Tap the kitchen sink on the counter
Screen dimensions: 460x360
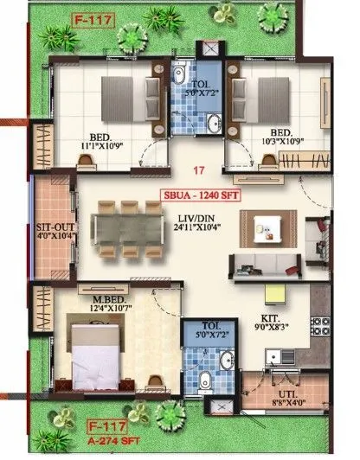pos(284,354)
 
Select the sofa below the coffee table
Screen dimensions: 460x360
pos(263,263)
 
